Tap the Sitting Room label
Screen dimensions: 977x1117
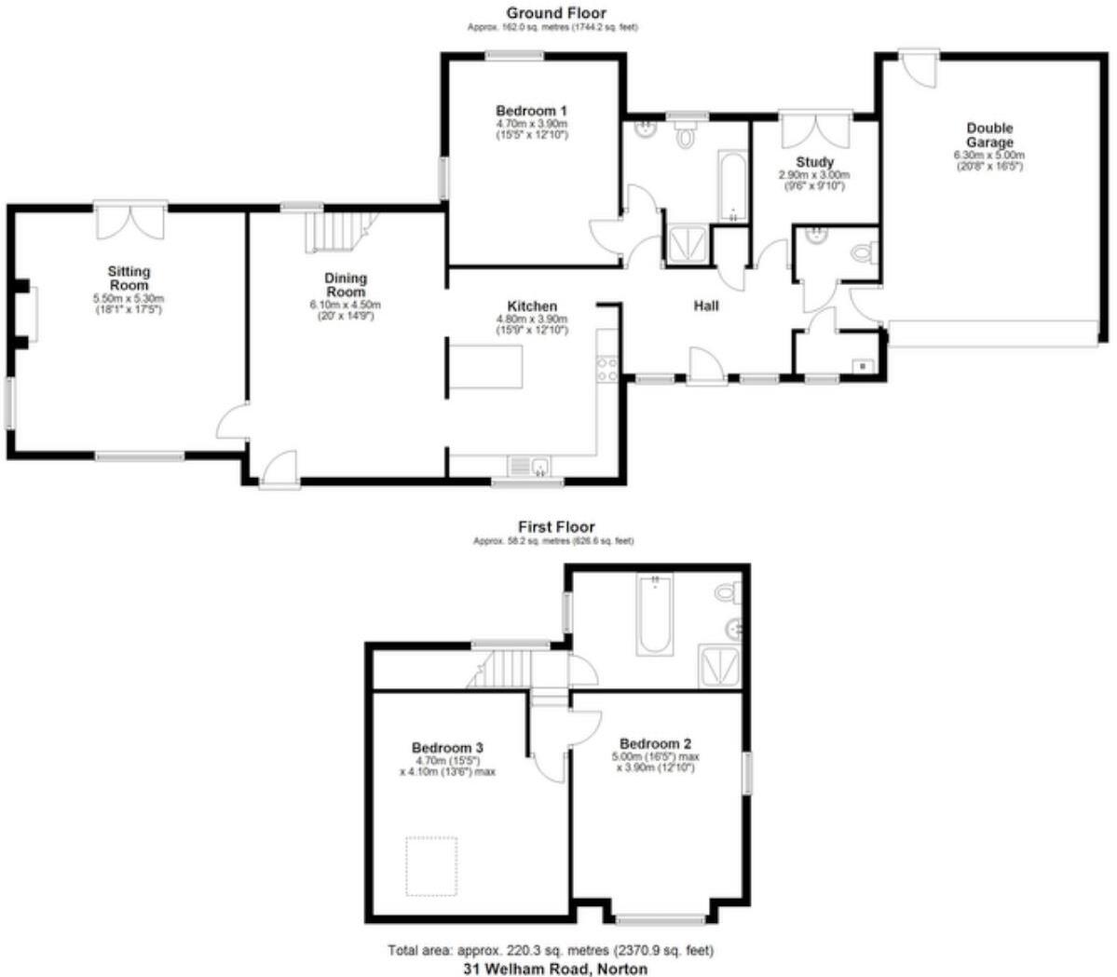(x=129, y=278)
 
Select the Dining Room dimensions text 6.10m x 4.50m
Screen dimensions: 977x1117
(x=346, y=305)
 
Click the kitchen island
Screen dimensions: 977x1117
(x=484, y=365)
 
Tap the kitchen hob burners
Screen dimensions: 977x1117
(x=607, y=370)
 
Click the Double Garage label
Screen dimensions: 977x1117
(x=988, y=135)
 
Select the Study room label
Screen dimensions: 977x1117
(x=814, y=162)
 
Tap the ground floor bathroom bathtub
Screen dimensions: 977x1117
(x=732, y=186)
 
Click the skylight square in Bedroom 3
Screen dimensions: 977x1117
(x=430, y=866)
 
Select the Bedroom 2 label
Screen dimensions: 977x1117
(x=655, y=743)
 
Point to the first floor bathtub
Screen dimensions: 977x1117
(x=655, y=616)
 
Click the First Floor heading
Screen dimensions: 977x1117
(x=556, y=527)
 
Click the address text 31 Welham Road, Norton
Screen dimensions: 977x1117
(x=556, y=968)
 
